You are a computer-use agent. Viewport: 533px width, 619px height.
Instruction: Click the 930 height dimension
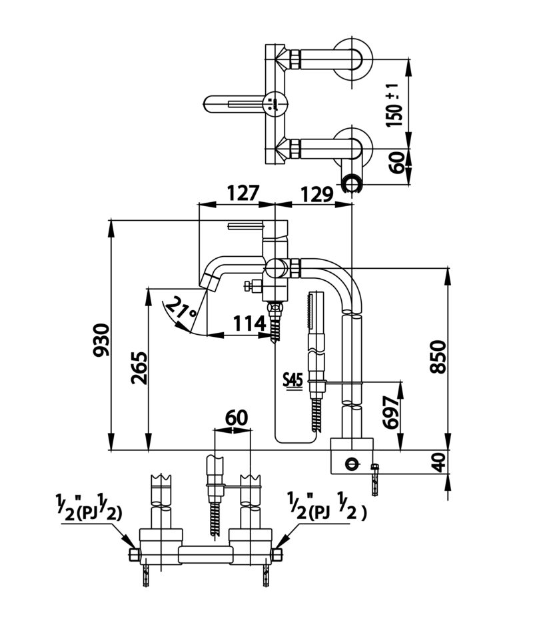[101, 340]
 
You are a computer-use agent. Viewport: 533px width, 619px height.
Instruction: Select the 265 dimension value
[139, 368]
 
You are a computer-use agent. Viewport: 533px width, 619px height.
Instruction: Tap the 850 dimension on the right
[438, 356]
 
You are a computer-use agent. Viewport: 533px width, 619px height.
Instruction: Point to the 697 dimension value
[392, 412]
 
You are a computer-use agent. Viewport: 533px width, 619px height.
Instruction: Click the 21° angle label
[181, 308]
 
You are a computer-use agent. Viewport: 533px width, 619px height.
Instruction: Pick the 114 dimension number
[250, 324]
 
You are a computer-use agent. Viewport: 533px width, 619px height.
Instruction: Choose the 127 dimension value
[243, 193]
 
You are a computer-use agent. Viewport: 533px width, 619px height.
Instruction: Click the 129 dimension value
[317, 194]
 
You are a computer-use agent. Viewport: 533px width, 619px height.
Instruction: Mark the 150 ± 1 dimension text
[394, 105]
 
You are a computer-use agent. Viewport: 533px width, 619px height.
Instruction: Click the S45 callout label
[293, 380]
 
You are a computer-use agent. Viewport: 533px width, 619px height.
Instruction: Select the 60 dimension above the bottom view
[237, 418]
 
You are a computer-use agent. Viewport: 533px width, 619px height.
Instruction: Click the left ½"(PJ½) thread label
[89, 506]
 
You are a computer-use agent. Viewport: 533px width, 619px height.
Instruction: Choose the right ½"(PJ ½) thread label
[327, 506]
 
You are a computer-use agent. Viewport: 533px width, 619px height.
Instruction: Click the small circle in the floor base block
[350, 462]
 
